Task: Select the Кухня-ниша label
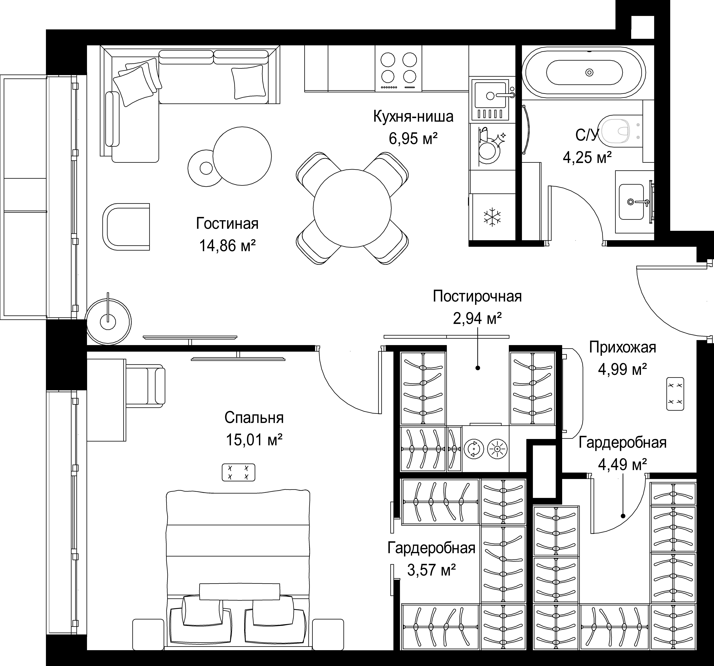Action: tap(413, 117)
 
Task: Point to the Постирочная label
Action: tap(477, 296)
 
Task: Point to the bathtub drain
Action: tap(589, 72)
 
